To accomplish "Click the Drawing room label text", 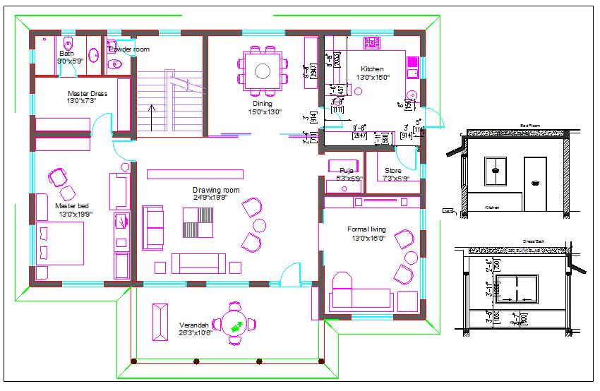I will click(216, 191).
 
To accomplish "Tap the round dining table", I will click(263, 71).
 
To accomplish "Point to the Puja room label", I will click(346, 170).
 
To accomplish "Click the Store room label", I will click(392, 170).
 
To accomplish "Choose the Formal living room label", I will click(366, 229).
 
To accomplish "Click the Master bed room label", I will click(71, 205).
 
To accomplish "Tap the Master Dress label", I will click(87, 93).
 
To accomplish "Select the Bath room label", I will click(66, 54).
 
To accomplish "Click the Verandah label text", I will click(194, 325).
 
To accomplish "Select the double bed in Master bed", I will click(60, 243).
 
